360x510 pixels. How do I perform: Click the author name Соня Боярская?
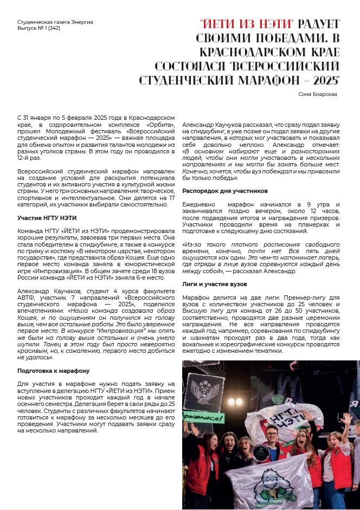point(318,94)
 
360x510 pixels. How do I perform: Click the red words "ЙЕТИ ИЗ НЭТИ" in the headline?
point(247,24)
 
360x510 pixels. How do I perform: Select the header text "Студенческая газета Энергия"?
point(55,22)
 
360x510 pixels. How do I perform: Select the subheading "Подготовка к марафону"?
point(53,371)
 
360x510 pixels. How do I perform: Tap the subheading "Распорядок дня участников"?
point(224,191)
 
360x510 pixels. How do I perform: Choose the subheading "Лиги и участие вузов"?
point(215,284)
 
